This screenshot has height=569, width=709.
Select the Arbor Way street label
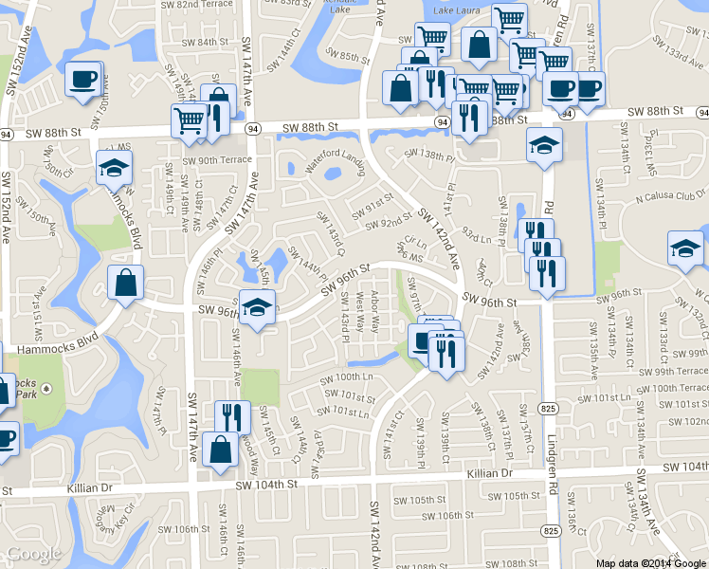click(x=373, y=311)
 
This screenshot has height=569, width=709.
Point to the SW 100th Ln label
click(x=348, y=377)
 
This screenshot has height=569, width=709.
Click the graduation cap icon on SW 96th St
click(x=257, y=307)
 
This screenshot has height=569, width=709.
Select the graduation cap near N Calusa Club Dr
click(x=685, y=248)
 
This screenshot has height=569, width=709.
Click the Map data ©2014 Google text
click(x=650, y=562)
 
